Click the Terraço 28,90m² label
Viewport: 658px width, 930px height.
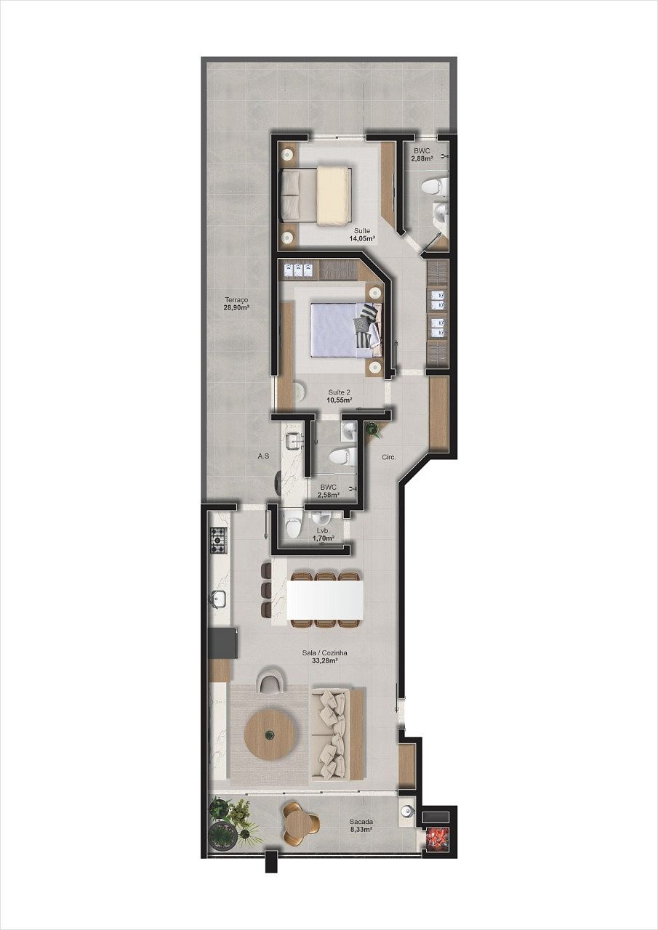pyautogui.click(x=236, y=303)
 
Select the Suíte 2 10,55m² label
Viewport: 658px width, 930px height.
pyautogui.click(x=340, y=395)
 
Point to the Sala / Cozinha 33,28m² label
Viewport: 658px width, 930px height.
pyautogui.click(x=325, y=657)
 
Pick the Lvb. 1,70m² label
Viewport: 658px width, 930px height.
pyautogui.click(x=322, y=535)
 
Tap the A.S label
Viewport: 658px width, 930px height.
pyautogui.click(x=263, y=456)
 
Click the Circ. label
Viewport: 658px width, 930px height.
pyautogui.click(x=388, y=457)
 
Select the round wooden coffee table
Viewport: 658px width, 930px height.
pyautogui.click(x=270, y=735)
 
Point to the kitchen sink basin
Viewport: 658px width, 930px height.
pyautogui.click(x=218, y=599)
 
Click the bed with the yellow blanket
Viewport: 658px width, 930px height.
pyautogui.click(x=318, y=195)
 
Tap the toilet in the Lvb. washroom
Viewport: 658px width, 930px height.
pyautogui.click(x=292, y=525)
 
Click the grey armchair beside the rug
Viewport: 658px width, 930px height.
pyautogui.click(x=270, y=681)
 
